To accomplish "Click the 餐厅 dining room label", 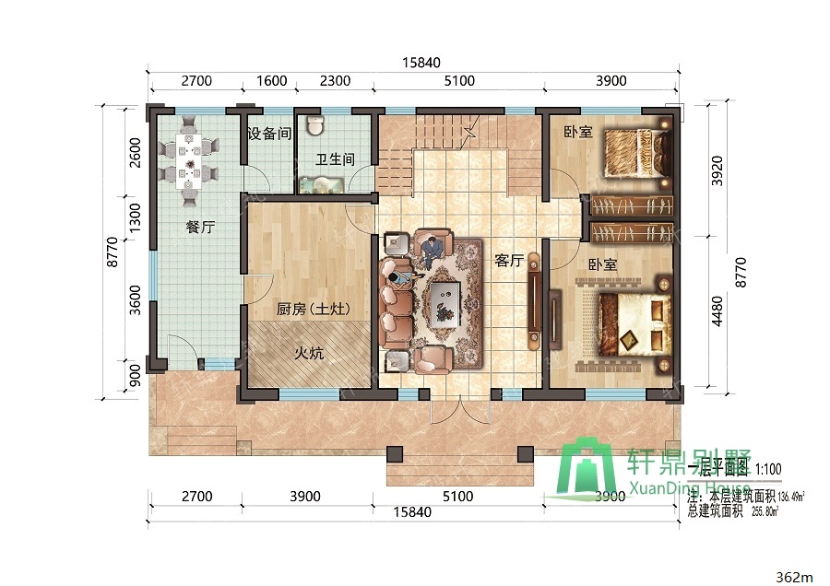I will pos(200,227).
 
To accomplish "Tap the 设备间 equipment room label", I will pos(269,134).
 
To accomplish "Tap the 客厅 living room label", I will pos(508,261).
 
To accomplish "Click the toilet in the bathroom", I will pos(315,124).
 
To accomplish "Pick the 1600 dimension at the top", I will pos(271,81).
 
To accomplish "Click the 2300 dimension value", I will pos(335,81).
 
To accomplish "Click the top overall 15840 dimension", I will pos(421,63).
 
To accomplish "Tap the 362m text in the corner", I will pos(795,577).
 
